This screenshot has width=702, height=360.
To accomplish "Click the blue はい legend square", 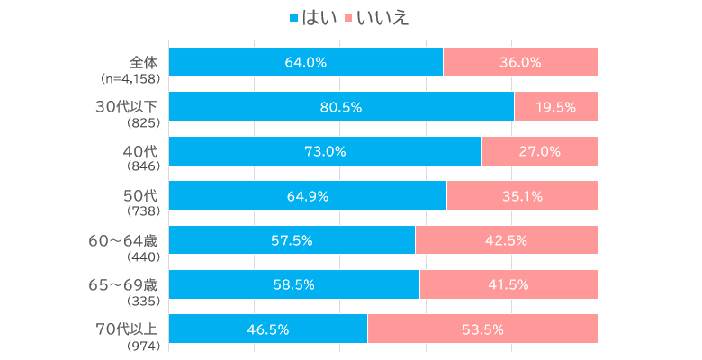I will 294,18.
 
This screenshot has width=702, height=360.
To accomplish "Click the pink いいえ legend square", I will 349,18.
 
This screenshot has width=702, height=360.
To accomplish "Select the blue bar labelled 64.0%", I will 305,62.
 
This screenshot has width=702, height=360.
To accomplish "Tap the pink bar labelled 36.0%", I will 520,62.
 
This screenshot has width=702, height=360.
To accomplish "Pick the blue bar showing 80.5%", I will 341,106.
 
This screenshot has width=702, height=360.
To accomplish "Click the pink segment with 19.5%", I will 555,106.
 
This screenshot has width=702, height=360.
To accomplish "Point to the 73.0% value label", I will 325,151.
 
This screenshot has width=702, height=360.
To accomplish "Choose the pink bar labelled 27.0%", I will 540,151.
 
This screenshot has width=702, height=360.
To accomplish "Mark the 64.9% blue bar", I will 307,195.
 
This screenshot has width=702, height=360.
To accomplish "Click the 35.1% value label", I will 522,195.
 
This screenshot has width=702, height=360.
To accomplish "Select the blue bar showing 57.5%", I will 292,240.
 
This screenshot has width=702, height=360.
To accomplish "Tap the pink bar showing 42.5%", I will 506,240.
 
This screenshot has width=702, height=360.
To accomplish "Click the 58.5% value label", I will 293,284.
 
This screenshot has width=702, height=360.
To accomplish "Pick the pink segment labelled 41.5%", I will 508,284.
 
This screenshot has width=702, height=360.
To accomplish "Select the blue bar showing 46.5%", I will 268,328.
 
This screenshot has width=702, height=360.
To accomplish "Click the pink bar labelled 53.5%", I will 482,328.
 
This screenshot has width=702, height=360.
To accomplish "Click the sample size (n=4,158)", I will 131,78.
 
